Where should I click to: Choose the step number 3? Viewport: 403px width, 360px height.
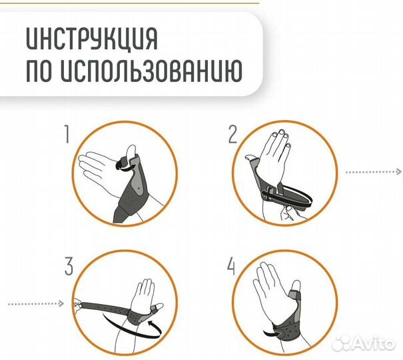69,267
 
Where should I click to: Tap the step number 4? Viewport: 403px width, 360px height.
232,267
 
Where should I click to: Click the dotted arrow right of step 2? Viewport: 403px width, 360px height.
373,171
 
